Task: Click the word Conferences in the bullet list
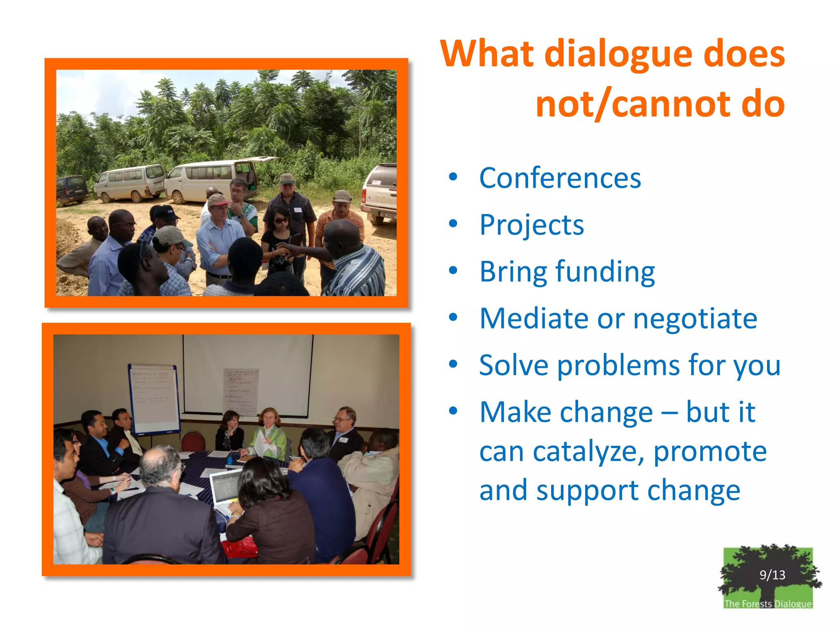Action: coord(560,178)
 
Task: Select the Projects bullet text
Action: coord(531,225)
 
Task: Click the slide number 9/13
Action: coord(772,575)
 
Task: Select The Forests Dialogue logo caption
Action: coord(767,604)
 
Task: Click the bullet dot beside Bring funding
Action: coord(453,271)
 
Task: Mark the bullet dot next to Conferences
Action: coord(453,177)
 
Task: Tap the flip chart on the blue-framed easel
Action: coord(154,398)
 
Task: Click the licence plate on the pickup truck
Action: coord(388,215)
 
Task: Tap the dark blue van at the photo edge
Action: coord(71,189)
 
